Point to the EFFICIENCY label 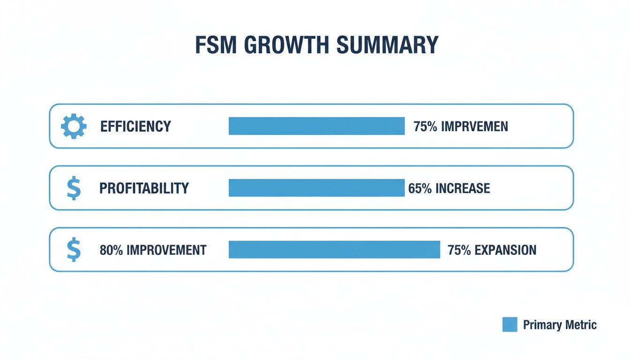[135, 127]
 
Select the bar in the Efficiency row [316, 127]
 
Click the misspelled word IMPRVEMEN [474, 127]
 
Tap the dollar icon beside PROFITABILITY [74, 188]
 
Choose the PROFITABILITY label [144, 188]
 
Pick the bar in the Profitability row [316, 188]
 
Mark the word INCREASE [463, 188]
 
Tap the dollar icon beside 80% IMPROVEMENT [74, 250]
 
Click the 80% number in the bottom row [112, 250]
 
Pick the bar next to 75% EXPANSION [334, 249]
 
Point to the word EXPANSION [505, 250]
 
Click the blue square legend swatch [510, 324]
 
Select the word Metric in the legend [581, 324]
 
